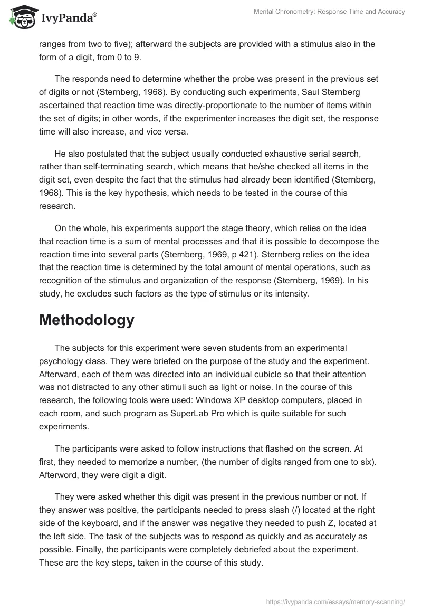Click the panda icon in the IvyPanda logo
point(21,17)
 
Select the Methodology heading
point(87,320)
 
